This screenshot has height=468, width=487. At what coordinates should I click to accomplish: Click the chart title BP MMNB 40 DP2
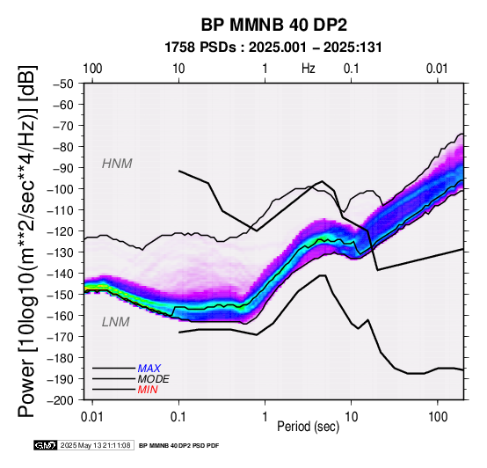[x=273, y=25]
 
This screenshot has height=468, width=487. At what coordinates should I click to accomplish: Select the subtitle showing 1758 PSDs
[x=273, y=48]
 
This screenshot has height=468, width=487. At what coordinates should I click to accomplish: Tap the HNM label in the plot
[x=117, y=164]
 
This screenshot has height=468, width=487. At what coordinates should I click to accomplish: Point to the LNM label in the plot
[x=115, y=322]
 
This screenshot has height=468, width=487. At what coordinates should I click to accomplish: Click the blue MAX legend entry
[x=149, y=369]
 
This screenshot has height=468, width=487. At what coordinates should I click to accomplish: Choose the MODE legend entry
[x=154, y=379]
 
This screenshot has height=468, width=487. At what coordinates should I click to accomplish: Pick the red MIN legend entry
[x=148, y=390]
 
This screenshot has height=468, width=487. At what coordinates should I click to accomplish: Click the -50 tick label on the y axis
[x=63, y=84]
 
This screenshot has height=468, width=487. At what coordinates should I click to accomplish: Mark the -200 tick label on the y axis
[x=61, y=400]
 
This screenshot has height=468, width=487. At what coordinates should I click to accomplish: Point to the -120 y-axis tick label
[x=61, y=231]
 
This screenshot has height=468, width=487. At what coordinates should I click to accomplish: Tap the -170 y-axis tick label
[x=61, y=337]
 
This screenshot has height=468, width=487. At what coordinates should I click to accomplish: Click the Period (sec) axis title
[x=308, y=427]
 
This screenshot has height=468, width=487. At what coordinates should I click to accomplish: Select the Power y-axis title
[x=27, y=241]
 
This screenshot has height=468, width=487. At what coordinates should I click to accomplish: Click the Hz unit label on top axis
[x=309, y=69]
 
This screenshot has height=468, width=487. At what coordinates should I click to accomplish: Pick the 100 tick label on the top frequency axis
[x=92, y=69]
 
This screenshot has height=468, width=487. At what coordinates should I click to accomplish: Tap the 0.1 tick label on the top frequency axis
[x=352, y=69]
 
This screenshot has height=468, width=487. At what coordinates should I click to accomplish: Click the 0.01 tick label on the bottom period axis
[x=92, y=417]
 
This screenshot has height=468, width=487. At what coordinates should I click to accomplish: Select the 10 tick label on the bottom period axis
[x=352, y=417]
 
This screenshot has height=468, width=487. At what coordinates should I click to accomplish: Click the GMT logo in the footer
[x=46, y=445]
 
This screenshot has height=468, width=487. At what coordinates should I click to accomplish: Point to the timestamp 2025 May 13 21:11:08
[x=95, y=446]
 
